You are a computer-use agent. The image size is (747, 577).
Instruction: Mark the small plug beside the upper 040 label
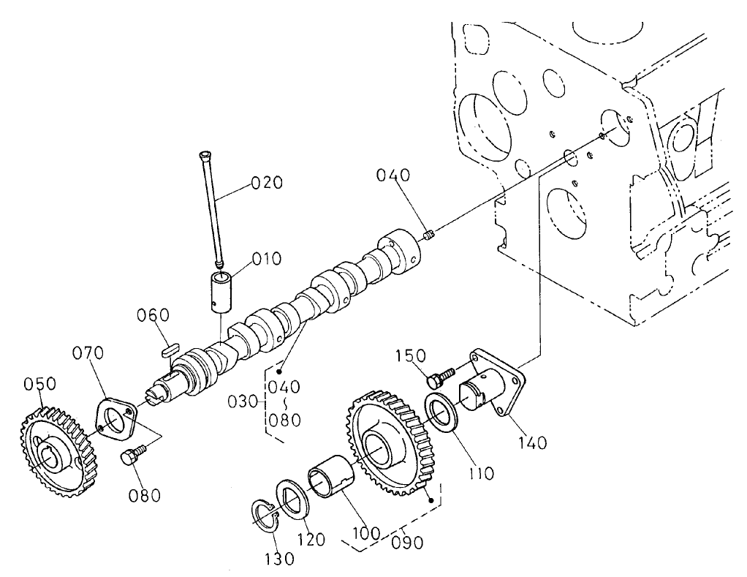click(x=430, y=235)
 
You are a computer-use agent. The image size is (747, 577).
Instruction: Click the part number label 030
click(x=243, y=401)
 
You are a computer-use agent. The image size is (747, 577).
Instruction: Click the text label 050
click(x=39, y=385)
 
